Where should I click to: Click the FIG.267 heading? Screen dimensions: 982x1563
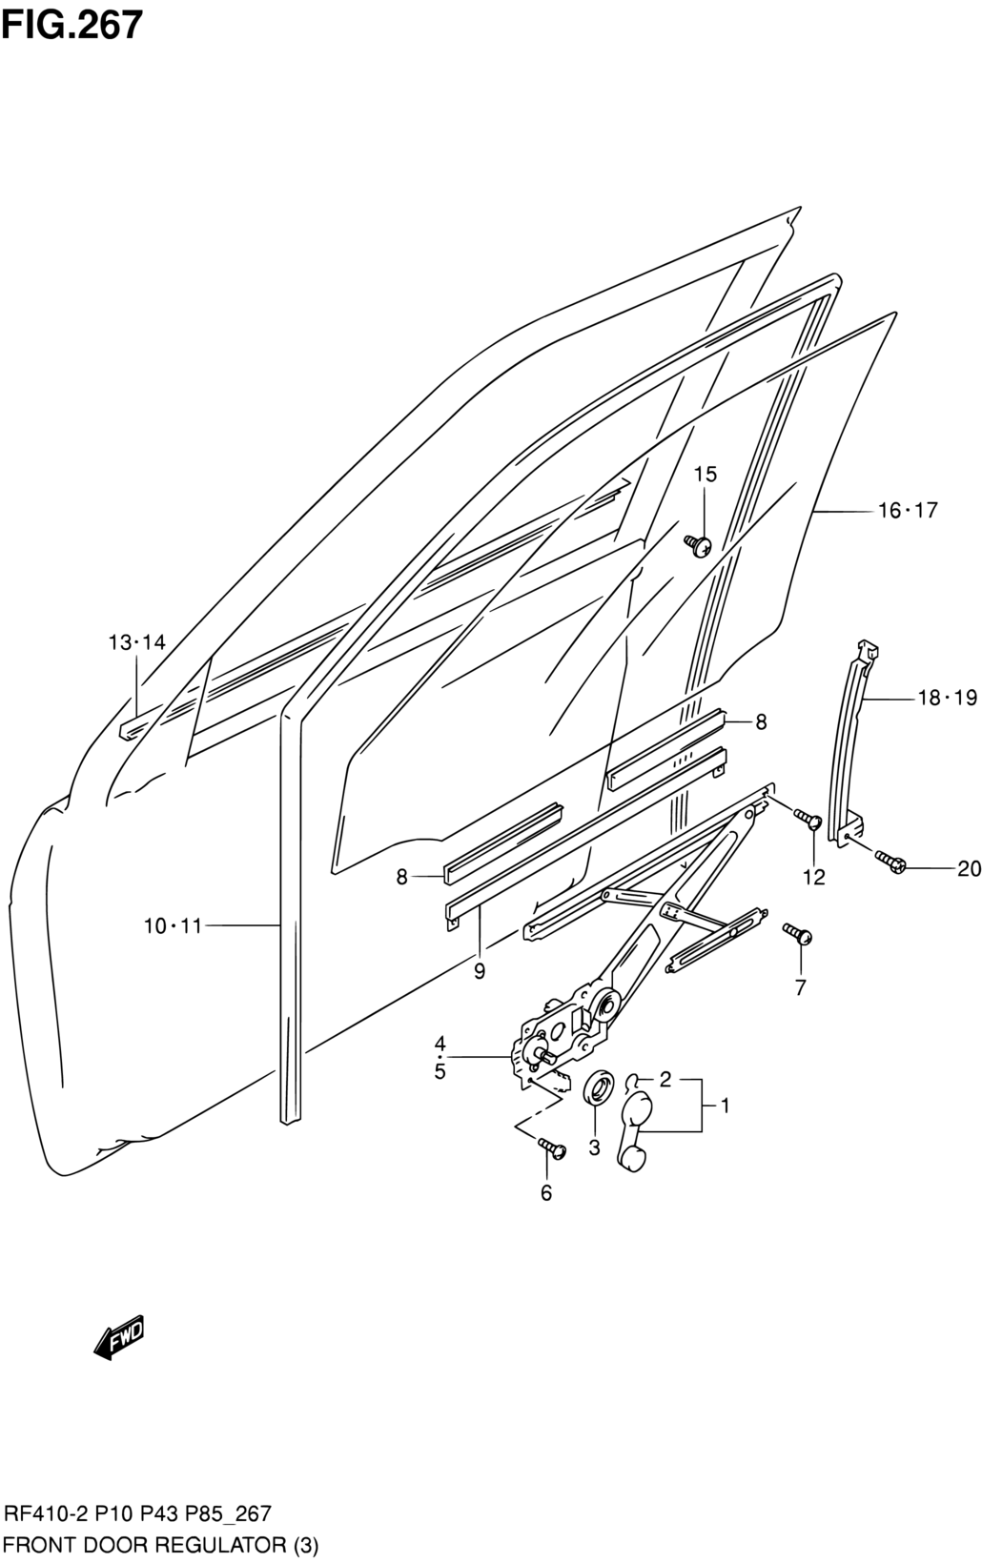pos(72,25)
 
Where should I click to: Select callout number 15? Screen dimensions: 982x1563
pos(705,475)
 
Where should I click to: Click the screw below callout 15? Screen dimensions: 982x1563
pos(697,545)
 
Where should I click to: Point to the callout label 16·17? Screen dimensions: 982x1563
pos(908,511)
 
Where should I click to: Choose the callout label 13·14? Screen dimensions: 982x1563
pos(136,642)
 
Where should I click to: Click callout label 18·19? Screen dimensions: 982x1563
pos(947,698)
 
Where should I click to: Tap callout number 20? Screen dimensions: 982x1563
pos(969,869)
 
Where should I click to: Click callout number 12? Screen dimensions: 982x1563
pos(814,877)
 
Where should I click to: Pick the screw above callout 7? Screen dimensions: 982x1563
pos(797,934)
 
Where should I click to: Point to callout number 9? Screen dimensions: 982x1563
pos(480,971)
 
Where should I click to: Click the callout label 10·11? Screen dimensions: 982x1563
pos(173,926)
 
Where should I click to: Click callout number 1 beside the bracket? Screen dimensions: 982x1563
pos(725,1106)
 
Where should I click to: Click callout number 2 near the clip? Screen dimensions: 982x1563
pos(665,1080)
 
